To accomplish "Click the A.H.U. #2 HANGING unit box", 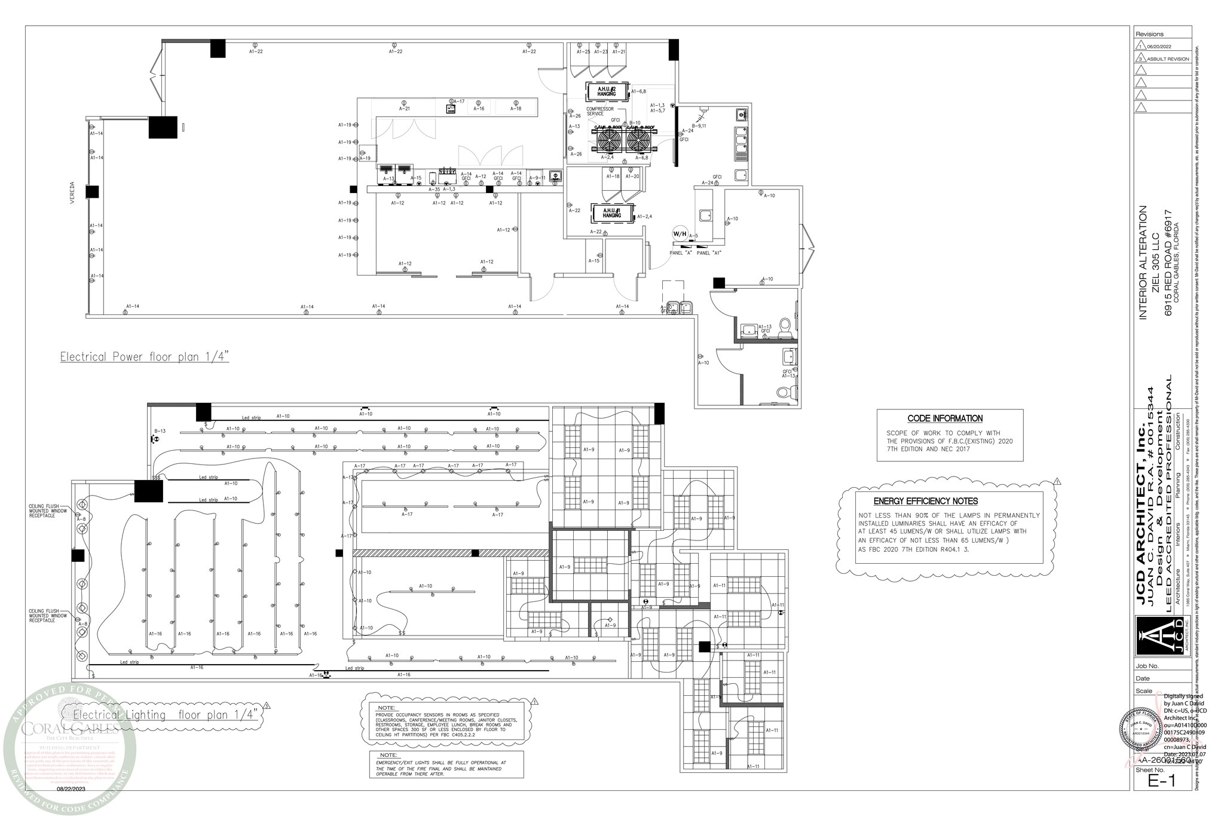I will click(607, 91).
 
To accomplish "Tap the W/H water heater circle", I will click(680, 234).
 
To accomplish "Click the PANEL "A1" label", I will click(709, 253).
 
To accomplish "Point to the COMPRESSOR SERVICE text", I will click(599, 111).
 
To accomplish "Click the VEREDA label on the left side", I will click(72, 192).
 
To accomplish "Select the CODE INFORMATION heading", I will click(944, 419).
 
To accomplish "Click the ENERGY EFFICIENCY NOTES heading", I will click(925, 502).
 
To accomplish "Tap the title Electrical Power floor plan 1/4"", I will click(145, 357).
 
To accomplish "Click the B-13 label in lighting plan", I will click(160, 431).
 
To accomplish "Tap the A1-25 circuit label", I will click(583, 52).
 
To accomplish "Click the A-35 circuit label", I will click(434, 190).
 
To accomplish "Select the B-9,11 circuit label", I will click(699, 126).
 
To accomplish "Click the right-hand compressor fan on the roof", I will click(637, 141).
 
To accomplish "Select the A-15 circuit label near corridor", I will click(593, 261).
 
